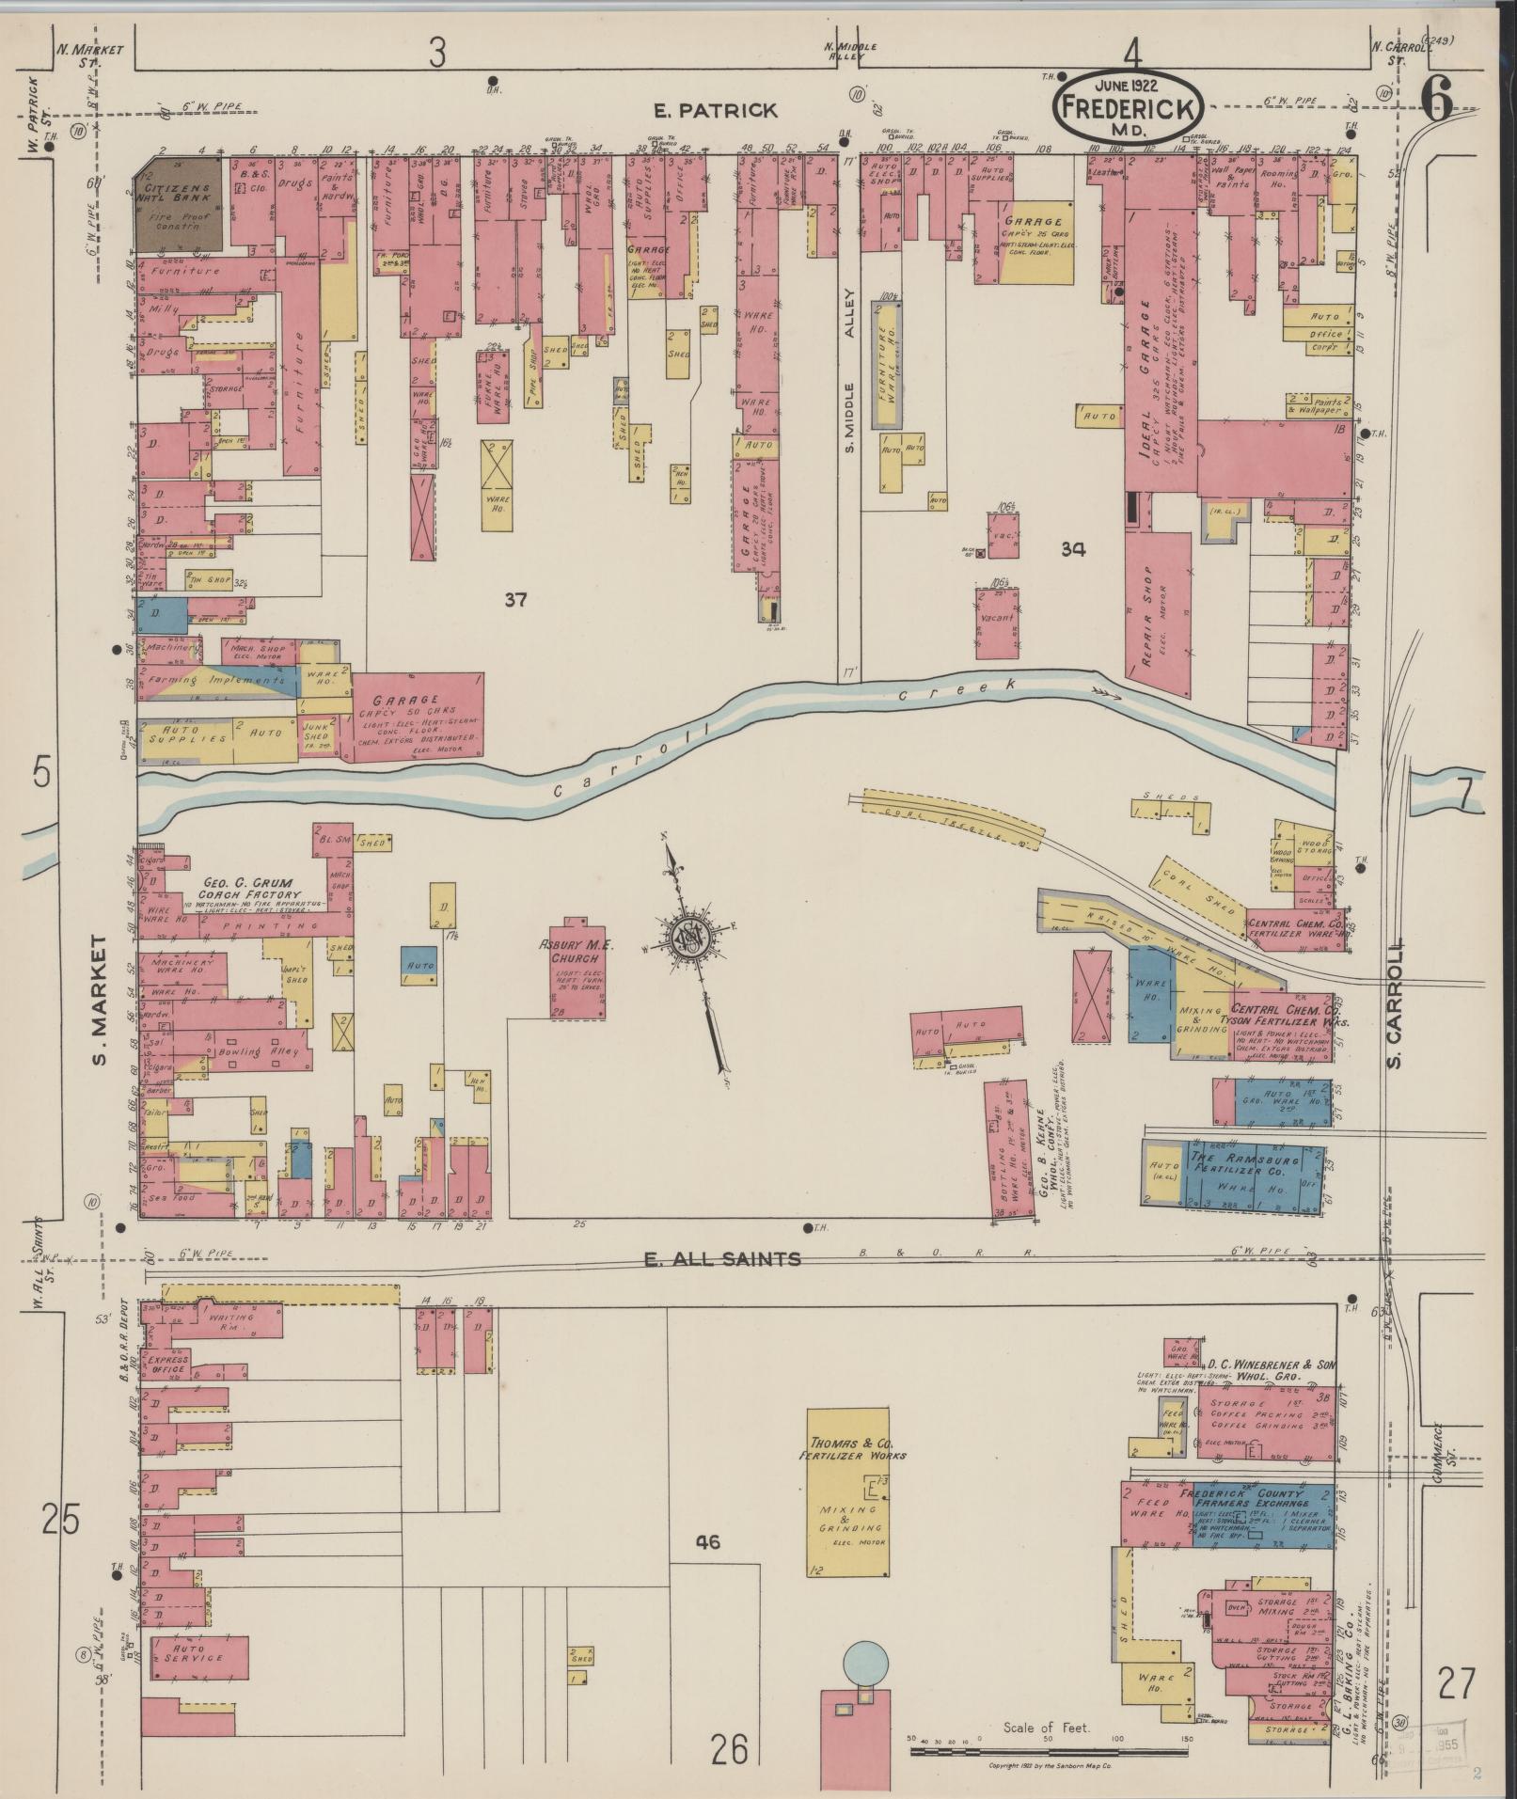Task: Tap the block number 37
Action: click(515, 599)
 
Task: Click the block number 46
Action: click(708, 1541)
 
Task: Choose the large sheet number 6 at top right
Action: click(1437, 97)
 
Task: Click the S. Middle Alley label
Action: click(848, 376)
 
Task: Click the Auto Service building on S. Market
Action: click(196, 1659)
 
